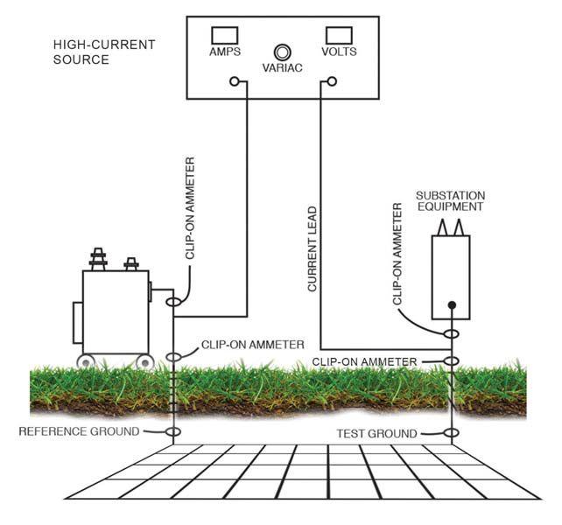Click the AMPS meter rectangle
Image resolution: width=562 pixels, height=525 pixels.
(x=225, y=35)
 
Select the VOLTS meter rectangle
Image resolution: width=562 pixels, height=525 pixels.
(x=339, y=35)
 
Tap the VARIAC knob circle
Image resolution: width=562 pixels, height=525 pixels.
(x=283, y=52)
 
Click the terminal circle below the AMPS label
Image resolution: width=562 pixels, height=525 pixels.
(x=234, y=82)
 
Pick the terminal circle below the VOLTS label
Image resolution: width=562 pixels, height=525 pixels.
(x=331, y=82)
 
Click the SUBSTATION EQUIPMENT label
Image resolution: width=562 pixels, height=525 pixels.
(x=450, y=200)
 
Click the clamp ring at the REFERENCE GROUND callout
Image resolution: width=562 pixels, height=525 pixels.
(x=173, y=431)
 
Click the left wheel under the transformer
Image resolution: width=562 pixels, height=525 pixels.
(x=88, y=361)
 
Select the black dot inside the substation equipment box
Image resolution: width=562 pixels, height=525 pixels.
(x=452, y=305)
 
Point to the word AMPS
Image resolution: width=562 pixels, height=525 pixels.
(x=225, y=52)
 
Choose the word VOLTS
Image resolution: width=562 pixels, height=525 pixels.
(x=340, y=52)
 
